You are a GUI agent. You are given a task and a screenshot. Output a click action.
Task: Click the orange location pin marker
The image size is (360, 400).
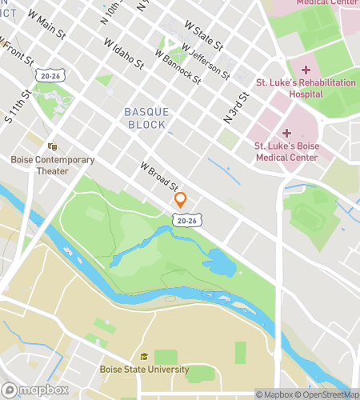[181, 200]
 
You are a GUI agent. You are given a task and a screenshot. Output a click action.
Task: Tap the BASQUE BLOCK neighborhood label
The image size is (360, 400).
[146, 119]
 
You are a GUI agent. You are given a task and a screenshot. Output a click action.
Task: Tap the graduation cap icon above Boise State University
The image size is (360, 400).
[144, 357]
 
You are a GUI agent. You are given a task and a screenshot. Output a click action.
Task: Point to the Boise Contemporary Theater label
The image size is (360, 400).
[53, 165]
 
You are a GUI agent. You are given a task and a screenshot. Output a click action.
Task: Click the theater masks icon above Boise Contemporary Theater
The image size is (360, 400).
[53, 147]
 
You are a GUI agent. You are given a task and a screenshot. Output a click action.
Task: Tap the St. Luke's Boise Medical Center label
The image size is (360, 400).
[286, 151]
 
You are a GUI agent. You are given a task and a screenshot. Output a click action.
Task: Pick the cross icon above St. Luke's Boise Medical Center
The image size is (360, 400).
[286, 133]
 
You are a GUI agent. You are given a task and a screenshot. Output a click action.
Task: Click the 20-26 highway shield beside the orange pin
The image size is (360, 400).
[186, 219]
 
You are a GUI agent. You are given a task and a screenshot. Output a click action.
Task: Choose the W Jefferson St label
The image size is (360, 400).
[205, 61]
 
